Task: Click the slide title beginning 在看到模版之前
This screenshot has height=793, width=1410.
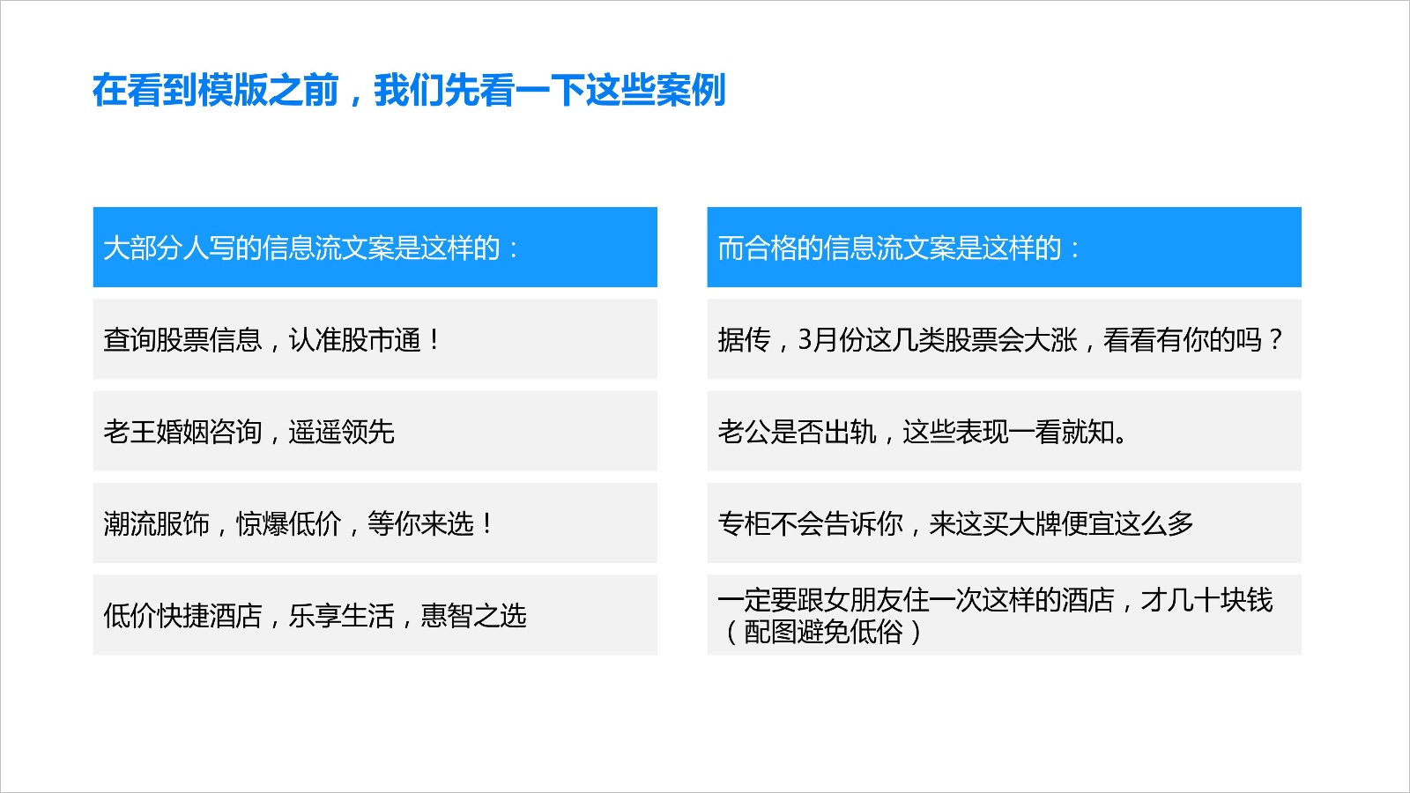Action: click(x=409, y=90)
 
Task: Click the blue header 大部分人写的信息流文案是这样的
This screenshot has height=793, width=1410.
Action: click(x=375, y=248)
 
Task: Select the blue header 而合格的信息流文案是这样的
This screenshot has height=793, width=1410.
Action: click(x=1004, y=248)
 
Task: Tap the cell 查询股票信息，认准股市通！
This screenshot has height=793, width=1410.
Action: click(x=375, y=339)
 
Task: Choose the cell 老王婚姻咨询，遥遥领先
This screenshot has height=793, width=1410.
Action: click(x=375, y=431)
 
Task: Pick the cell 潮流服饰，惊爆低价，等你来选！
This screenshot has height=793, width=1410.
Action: click(x=375, y=523)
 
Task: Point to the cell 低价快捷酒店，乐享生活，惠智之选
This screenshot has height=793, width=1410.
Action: click(x=375, y=615)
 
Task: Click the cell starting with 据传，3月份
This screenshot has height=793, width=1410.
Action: click(x=1004, y=339)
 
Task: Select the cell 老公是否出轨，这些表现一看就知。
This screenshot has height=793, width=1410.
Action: click(x=1004, y=431)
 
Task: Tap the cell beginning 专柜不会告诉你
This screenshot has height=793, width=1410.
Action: click(x=1004, y=523)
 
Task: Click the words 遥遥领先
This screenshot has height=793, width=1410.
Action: click(x=341, y=432)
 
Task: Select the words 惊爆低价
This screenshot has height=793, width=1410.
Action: click(x=288, y=523)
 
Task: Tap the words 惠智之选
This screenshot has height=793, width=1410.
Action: click(x=473, y=616)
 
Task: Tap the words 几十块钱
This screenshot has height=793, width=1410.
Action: click(x=1220, y=600)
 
